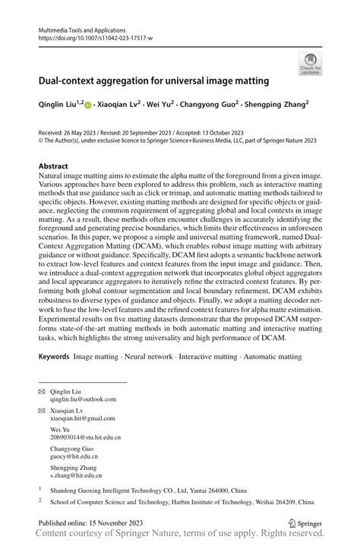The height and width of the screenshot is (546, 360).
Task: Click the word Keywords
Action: tap(55, 356)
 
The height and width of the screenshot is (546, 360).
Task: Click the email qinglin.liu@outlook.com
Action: tap(83, 398)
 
